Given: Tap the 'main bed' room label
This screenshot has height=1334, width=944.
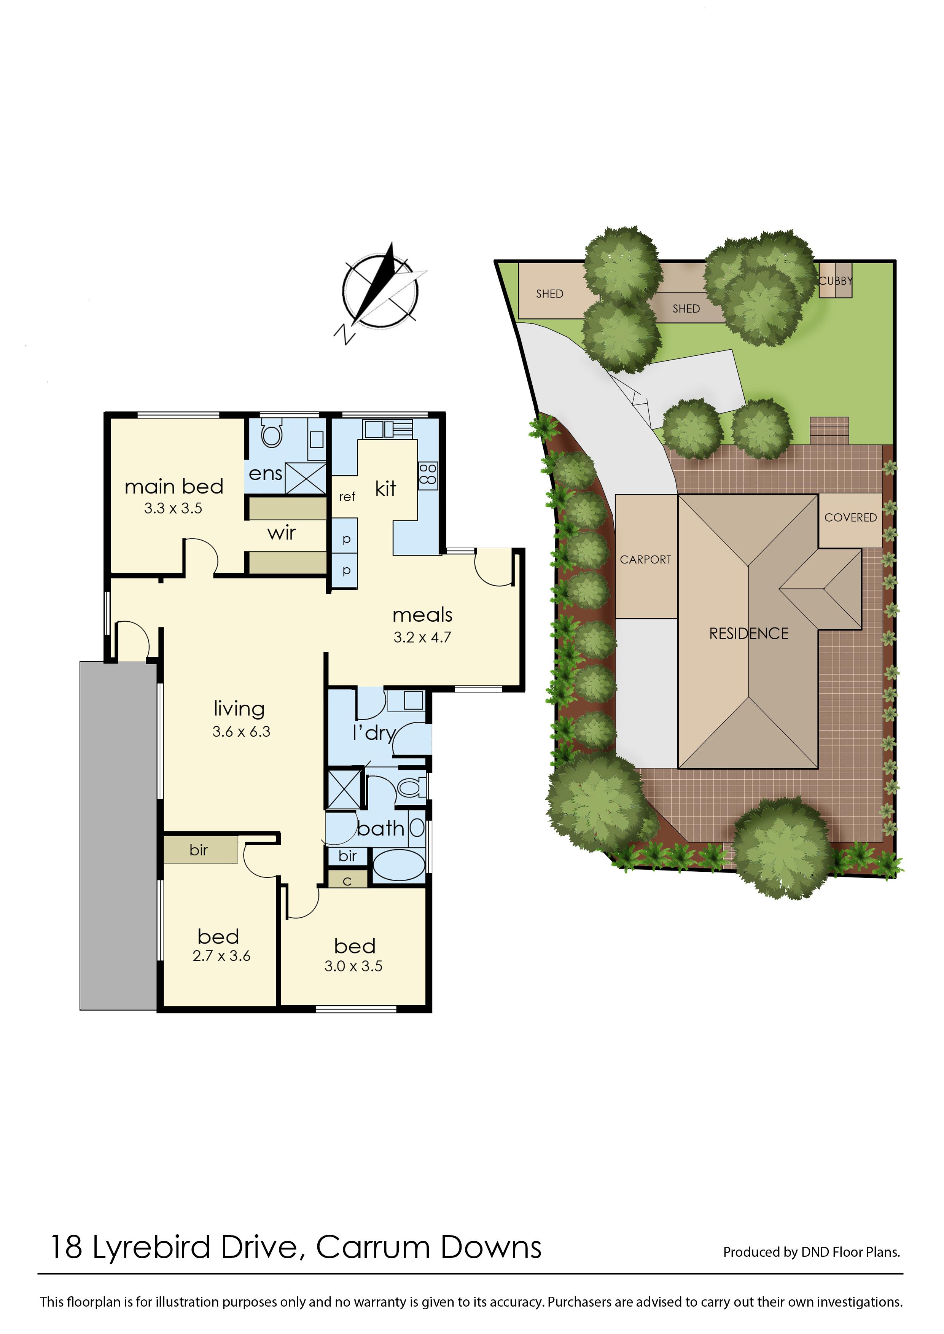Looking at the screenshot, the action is [x=174, y=487].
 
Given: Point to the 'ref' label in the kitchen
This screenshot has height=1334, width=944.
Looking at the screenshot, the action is [x=347, y=497].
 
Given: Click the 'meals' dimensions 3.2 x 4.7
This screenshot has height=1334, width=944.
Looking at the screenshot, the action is [x=423, y=638].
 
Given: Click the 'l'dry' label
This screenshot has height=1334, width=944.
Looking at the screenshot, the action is [x=374, y=733].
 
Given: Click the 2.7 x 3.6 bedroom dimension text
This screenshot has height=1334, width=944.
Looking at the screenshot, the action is [x=221, y=956].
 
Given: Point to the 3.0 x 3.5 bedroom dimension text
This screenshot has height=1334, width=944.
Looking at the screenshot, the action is [x=353, y=966].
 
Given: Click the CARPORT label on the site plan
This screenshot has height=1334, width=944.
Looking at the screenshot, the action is [x=645, y=560].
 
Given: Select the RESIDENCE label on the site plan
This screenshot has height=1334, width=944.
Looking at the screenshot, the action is [x=749, y=634].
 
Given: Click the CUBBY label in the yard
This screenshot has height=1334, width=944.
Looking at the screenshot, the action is [x=835, y=281].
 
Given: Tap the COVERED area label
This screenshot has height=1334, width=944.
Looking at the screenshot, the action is [x=850, y=517].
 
